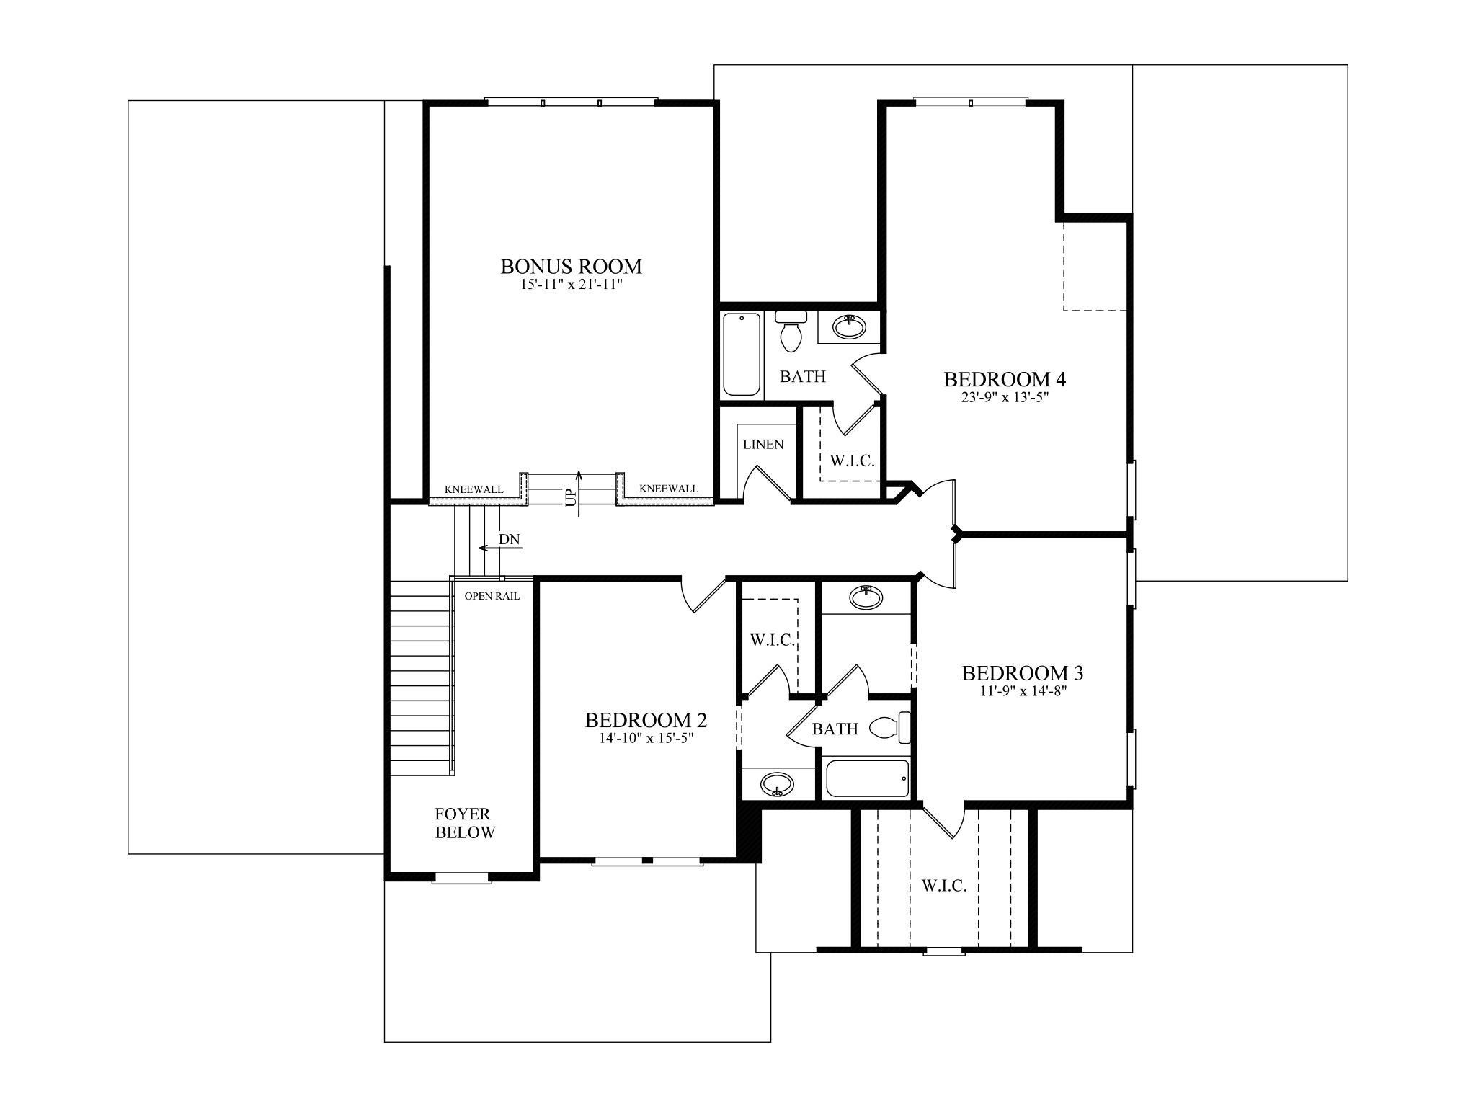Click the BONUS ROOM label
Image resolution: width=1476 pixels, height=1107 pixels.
(571, 267)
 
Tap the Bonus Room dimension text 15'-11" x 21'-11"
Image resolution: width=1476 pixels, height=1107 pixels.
(571, 285)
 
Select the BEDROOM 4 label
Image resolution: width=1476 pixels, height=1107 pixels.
(1005, 379)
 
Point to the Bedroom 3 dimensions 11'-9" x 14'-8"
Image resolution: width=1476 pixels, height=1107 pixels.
(1023, 690)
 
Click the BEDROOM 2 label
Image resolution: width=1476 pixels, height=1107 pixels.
(646, 720)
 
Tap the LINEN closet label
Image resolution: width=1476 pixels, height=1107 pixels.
(763, 445)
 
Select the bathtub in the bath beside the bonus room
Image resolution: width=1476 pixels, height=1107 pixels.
(742, 354)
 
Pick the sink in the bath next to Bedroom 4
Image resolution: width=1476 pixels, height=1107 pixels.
(850, 326)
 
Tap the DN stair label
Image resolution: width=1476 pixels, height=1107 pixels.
(509, 539)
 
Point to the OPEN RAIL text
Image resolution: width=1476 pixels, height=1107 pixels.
(492, 596)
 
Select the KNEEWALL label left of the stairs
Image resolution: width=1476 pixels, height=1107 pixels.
(474, 489)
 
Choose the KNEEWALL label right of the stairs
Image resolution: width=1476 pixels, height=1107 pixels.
(668, 489)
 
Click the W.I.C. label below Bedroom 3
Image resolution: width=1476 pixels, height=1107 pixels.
(944, 886)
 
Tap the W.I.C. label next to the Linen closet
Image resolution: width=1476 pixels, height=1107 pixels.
(852, 461)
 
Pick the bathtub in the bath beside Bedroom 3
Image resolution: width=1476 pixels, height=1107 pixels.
(866, 779)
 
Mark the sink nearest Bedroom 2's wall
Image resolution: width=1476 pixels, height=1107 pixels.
(777, 784)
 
